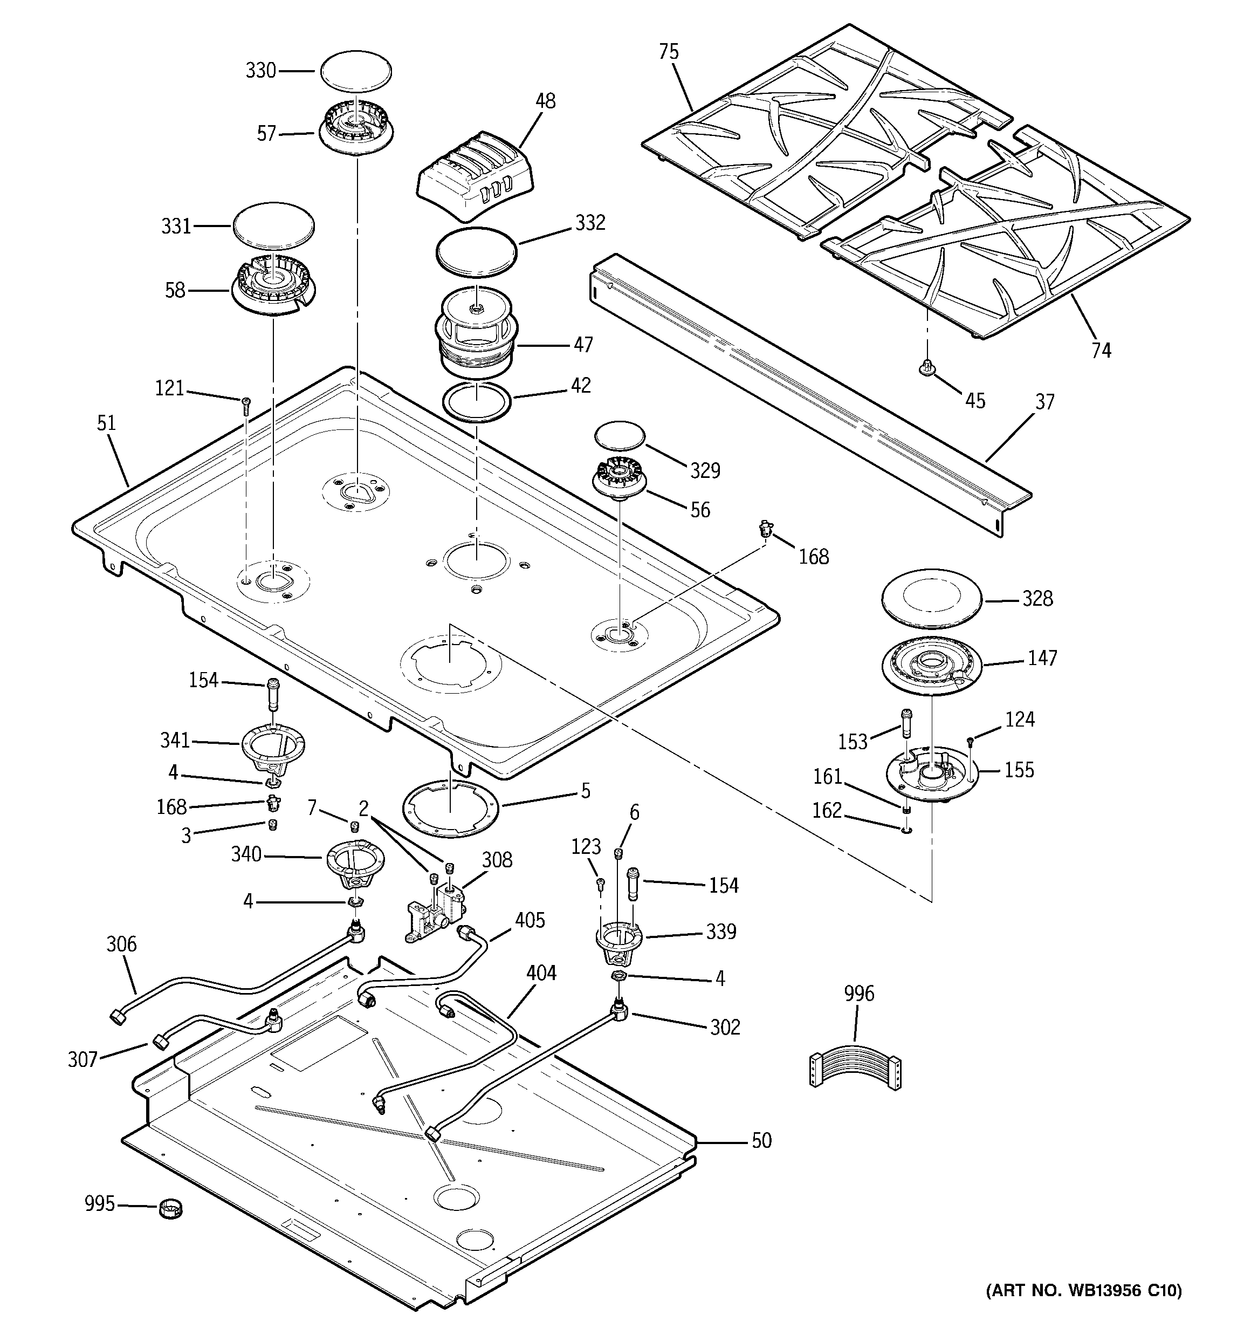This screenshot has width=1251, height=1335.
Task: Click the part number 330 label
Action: [260, 71]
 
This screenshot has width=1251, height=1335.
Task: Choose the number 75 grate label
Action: [668, 52]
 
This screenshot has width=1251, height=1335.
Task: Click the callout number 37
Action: [1044, 402]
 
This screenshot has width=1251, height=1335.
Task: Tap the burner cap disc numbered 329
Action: [619, 436]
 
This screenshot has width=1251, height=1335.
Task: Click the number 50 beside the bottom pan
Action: [761, 1140]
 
